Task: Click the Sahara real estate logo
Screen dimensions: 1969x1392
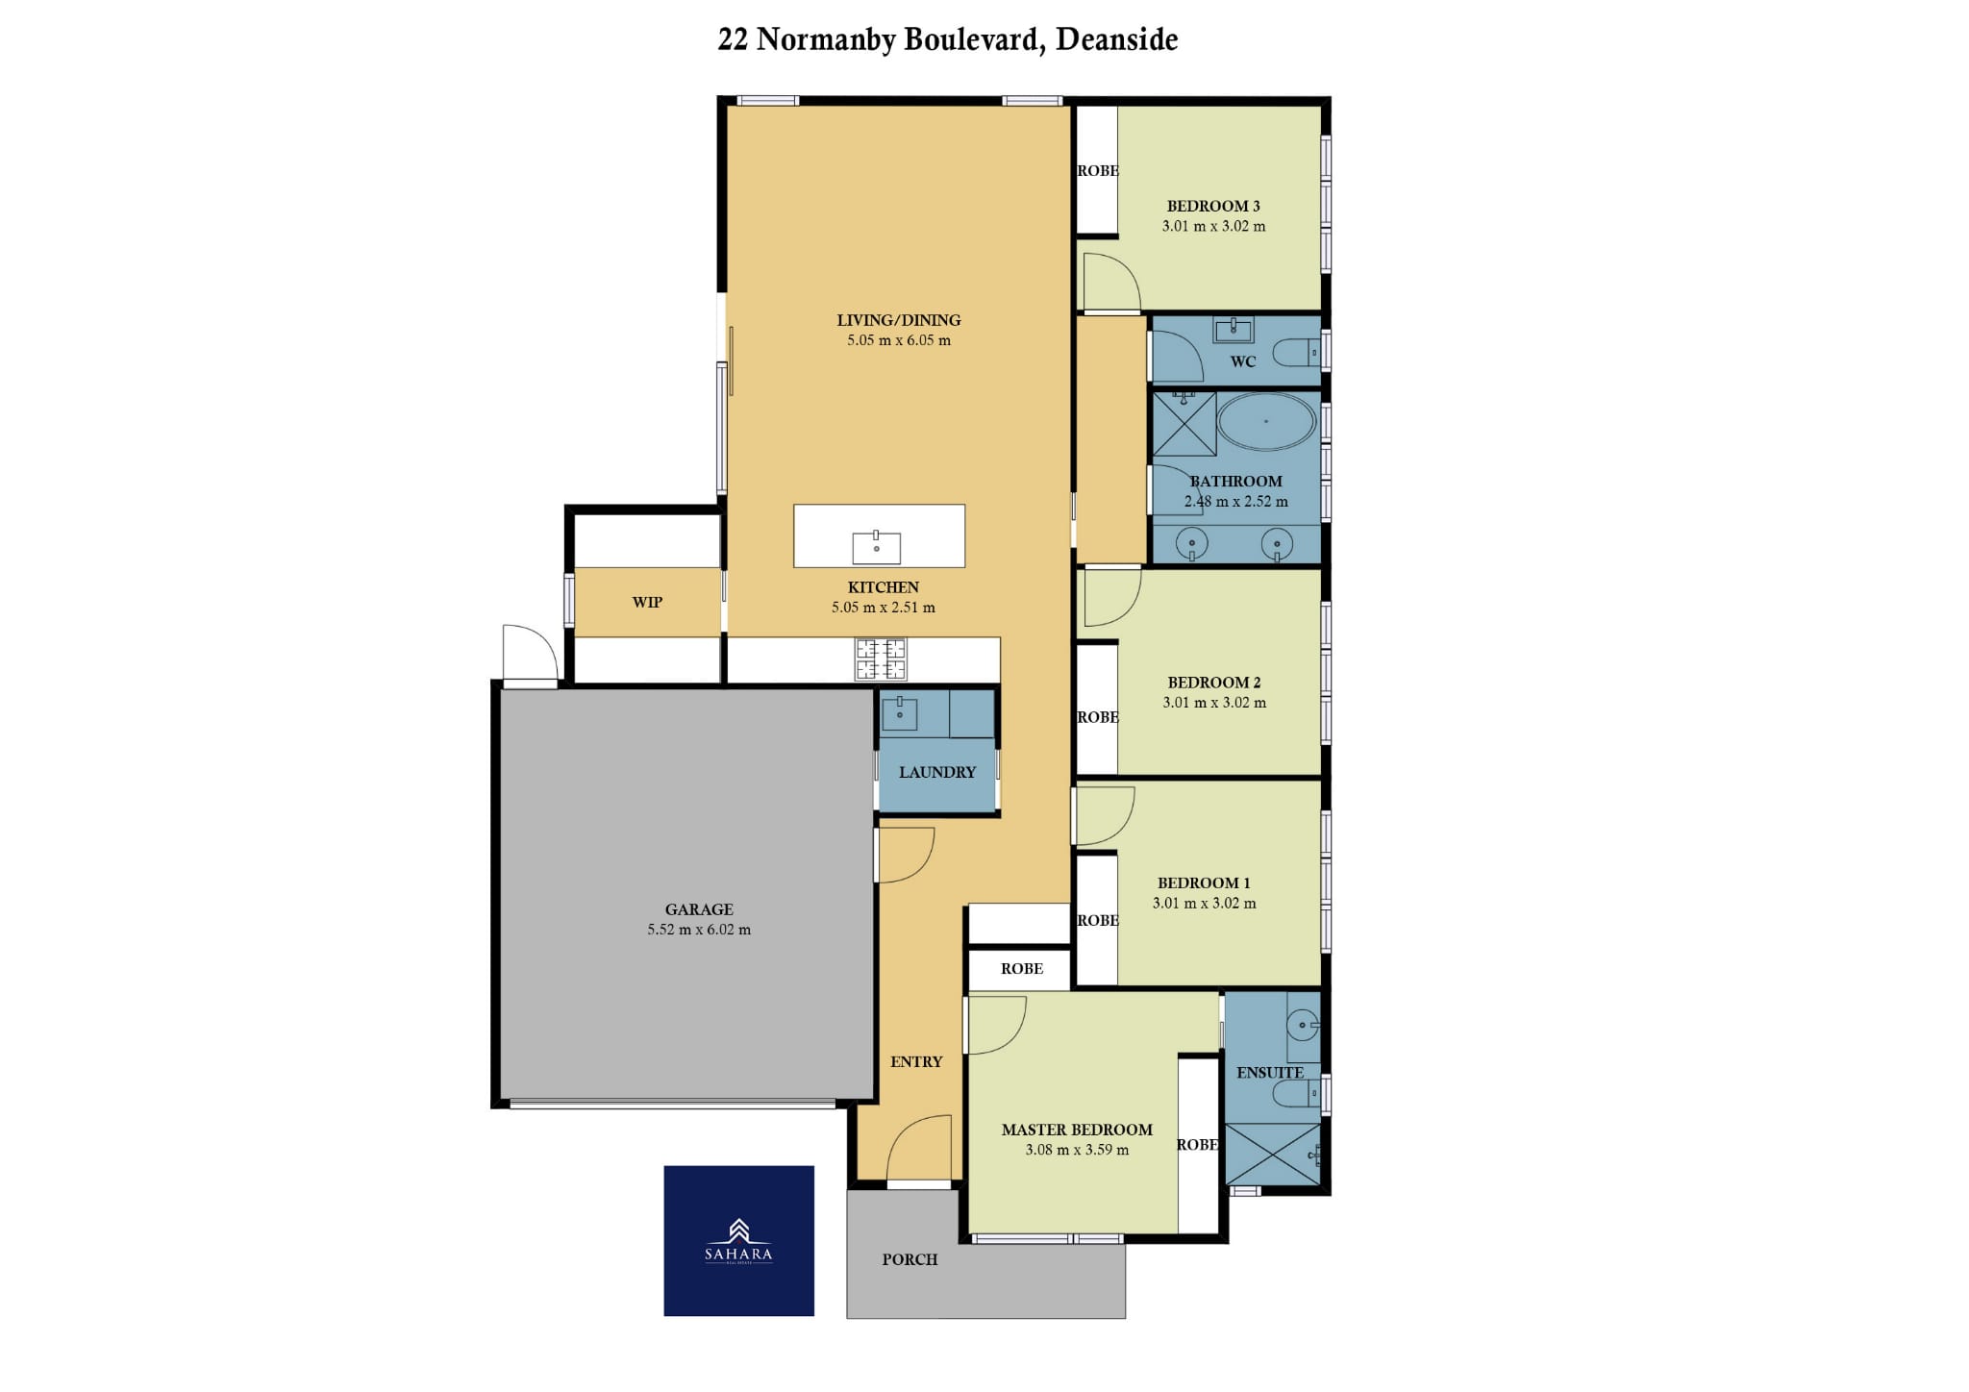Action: tap(738, 1240)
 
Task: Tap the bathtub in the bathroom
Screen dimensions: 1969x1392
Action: tap(1266, 421)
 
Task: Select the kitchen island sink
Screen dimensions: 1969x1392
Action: tap(876, 547)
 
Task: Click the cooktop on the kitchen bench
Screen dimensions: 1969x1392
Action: tap(881, 659)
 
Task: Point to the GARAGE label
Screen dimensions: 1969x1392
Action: tap(699, 909)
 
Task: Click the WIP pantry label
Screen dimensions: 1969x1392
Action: tap(647, 603)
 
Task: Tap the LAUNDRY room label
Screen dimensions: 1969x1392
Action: tap(937, 772)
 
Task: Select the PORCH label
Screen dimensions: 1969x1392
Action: tap(910, 1259)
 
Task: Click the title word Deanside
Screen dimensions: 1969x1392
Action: tap(1116, 39)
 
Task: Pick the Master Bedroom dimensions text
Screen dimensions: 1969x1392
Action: tap(1077, 1150)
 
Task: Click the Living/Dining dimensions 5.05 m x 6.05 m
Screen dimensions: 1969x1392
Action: tap(899, 340)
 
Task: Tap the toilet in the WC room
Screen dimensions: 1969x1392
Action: tap(1296, 353)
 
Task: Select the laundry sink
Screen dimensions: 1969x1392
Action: tap(899, 713)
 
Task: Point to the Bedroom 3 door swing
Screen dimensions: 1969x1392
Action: tap(1111, 282)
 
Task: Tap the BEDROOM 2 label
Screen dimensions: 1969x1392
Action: tap(1214, 683)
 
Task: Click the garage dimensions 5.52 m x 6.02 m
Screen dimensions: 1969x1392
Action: tap(699, 930)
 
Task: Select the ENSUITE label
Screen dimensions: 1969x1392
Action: tap(1270, 1073)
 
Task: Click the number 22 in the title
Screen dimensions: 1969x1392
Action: tap(733, 39)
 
